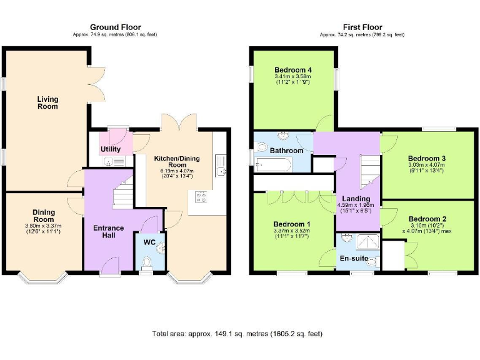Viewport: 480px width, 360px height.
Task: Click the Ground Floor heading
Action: [116, 27]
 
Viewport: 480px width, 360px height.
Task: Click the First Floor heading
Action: [363, 27]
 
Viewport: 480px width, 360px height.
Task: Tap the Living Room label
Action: [47, 102]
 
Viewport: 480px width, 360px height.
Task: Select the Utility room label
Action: [111, 149]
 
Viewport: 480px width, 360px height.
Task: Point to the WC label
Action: [150, 241]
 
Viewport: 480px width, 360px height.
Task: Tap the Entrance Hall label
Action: [109, 232]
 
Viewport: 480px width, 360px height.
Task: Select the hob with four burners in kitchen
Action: [202, 197]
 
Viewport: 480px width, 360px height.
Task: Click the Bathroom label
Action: [286, 151]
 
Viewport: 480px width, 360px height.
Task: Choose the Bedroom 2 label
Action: [427, 219]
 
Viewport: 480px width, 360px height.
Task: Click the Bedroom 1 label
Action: [292, 224]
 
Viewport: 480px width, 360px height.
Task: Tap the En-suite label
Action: [354, 257]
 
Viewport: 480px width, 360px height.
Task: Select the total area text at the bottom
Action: [237, 334]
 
